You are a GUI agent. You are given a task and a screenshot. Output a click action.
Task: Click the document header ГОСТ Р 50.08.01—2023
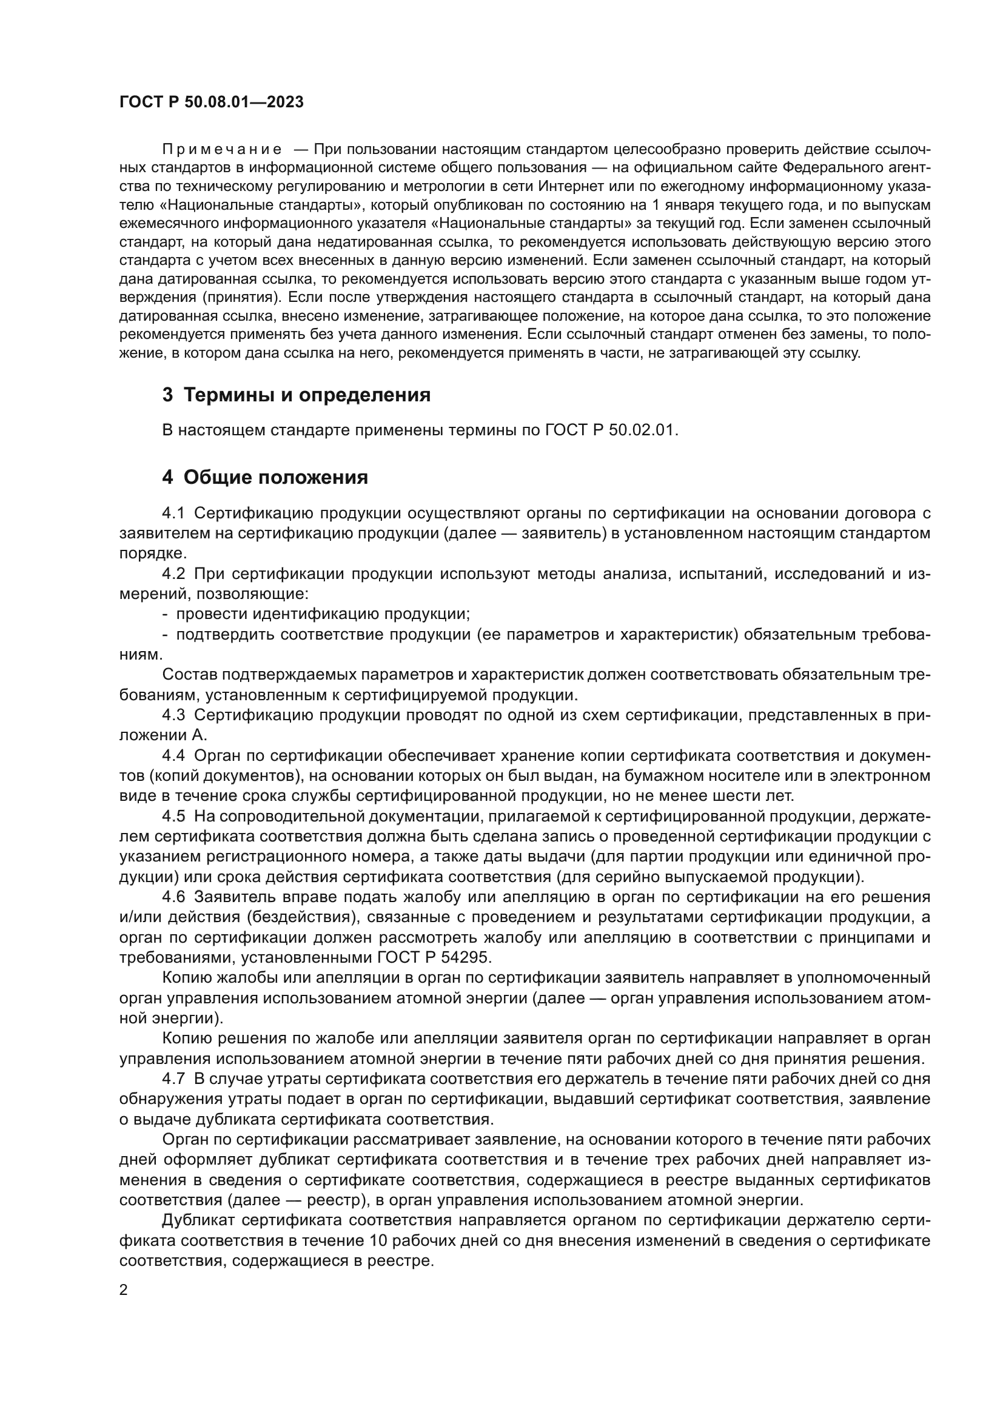pyautogui.click(x=211, y=102)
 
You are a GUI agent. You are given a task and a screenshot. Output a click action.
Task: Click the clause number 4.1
pyautogui.click(x=173, y=513)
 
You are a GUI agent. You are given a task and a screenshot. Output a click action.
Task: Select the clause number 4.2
pyautogui.click(x=173, y=574)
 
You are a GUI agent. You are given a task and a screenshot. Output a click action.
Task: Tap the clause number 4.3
pyautogui.click(x=173, y=715)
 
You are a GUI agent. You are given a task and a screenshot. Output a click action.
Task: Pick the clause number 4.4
pyautogui.click(x=173, y=755)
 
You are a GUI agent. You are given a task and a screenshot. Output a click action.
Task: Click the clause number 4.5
pyautogui.click(x=173, y=817)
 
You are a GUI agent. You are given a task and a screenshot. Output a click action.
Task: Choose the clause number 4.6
pyautogui.click(x=173, y=897)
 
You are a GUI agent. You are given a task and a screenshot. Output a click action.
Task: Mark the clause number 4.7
pyautogui.click(x=173, y=1079)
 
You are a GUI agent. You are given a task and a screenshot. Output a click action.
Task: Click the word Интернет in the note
pyautogui.click(x=568, y=187)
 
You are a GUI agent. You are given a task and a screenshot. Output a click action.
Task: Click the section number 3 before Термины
pyautogui.click(x=167, y=395)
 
